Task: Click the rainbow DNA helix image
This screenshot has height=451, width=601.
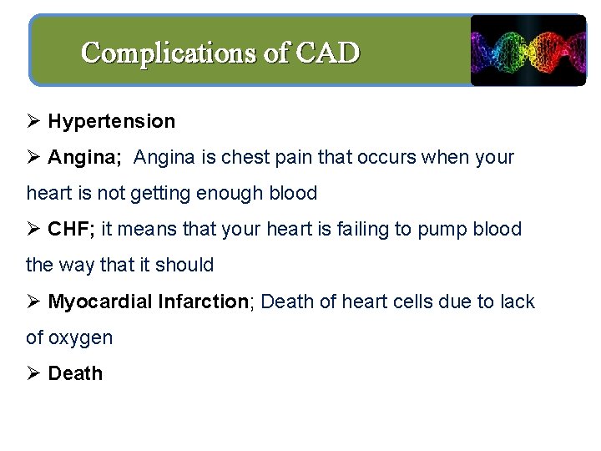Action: [x=528, y=50]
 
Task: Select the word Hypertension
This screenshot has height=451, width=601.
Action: [x=112, y=121]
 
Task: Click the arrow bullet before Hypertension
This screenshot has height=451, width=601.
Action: [x=33, y=121]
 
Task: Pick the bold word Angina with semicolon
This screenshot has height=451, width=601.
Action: [x=84, y=157]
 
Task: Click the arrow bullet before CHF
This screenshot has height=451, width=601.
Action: [x=33, y=229]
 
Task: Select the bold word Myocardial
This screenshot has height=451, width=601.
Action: [x=99, y=302]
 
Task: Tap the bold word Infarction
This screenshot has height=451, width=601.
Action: [x=203, y=302]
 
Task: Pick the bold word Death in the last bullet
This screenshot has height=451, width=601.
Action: [x=75, y=373]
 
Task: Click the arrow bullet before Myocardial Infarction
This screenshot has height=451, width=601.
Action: [x=33, y=302]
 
